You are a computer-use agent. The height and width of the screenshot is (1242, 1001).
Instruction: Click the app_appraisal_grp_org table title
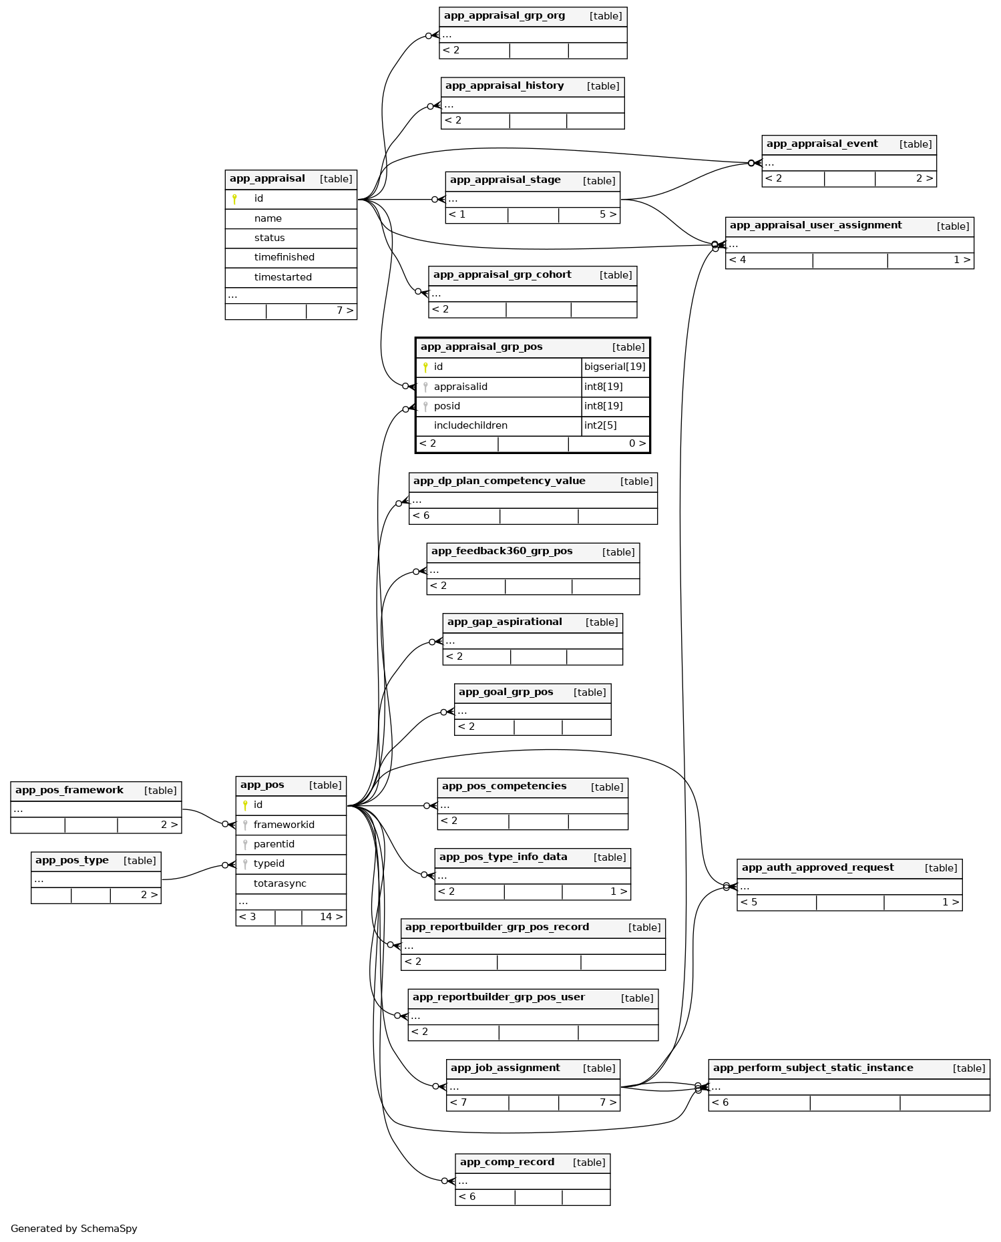(504, 16)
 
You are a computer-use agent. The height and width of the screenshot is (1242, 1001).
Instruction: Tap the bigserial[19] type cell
(614, 367)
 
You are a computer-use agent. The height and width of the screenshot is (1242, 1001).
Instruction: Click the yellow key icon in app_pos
(245, 805)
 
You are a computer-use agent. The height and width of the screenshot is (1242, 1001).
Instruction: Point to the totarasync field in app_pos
(280, 883)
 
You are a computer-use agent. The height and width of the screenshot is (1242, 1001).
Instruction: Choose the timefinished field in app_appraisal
(284, 257)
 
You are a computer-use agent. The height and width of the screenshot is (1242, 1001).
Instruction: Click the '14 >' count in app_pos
(331, 917)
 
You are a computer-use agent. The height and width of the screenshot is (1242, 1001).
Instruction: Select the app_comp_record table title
(507, 1162)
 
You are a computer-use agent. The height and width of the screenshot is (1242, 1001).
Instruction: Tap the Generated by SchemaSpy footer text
(74, 1228)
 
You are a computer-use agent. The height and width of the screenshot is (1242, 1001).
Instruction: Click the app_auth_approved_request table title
(817, 867)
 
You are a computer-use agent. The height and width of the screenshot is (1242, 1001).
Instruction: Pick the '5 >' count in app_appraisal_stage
(608, 214)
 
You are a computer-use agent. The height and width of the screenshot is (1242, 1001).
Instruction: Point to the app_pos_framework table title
(69, 790)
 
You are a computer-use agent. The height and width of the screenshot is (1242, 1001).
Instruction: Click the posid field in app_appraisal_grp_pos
(447, 406)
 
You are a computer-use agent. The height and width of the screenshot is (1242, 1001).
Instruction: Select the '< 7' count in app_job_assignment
(458, 1102)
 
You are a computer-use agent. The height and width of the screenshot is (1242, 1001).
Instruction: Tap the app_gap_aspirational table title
(504, 622)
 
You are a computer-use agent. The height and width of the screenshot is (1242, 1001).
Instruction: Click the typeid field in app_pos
(269, 863)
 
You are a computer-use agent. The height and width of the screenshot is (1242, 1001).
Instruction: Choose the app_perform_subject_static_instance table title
(813, 1068)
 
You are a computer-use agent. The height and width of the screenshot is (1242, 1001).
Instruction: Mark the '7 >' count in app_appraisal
(345, 310)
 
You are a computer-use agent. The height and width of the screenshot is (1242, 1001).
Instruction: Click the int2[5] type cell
(600, 425)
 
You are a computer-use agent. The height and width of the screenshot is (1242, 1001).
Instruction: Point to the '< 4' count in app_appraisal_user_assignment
(737, 260)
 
